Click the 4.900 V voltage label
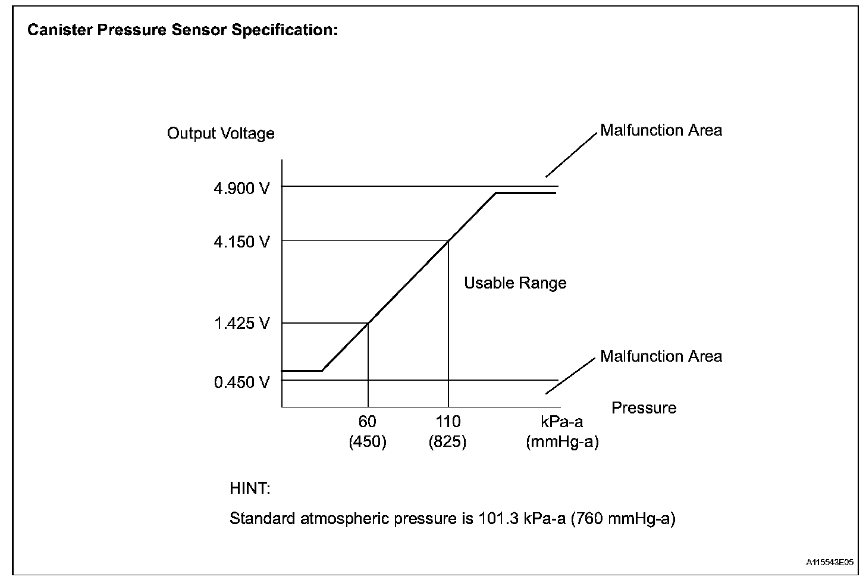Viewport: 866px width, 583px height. (241, 189)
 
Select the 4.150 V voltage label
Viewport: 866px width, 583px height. (241, 242)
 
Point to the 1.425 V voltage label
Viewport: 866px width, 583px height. (241, 324)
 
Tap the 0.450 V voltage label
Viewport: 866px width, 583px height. (241, 381)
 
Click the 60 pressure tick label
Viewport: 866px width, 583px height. (368, 422)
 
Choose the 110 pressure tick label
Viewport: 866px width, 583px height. (448, 422)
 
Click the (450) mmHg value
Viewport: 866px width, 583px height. (368, 443)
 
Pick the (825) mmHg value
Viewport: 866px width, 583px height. (447, 443)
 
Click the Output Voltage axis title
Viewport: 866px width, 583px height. (221, 133)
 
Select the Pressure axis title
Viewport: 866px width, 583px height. (644, 408)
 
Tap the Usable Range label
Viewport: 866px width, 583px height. (515, 283)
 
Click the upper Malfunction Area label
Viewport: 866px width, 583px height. (661, 130)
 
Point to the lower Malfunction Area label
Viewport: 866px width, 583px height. (661, 356)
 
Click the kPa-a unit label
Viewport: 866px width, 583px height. (561, 422)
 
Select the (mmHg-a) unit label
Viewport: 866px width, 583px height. (562, 443)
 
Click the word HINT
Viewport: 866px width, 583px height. (250, 489)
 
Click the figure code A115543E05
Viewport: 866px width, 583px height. (830, 562)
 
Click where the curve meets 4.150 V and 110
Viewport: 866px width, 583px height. (448, 240)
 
